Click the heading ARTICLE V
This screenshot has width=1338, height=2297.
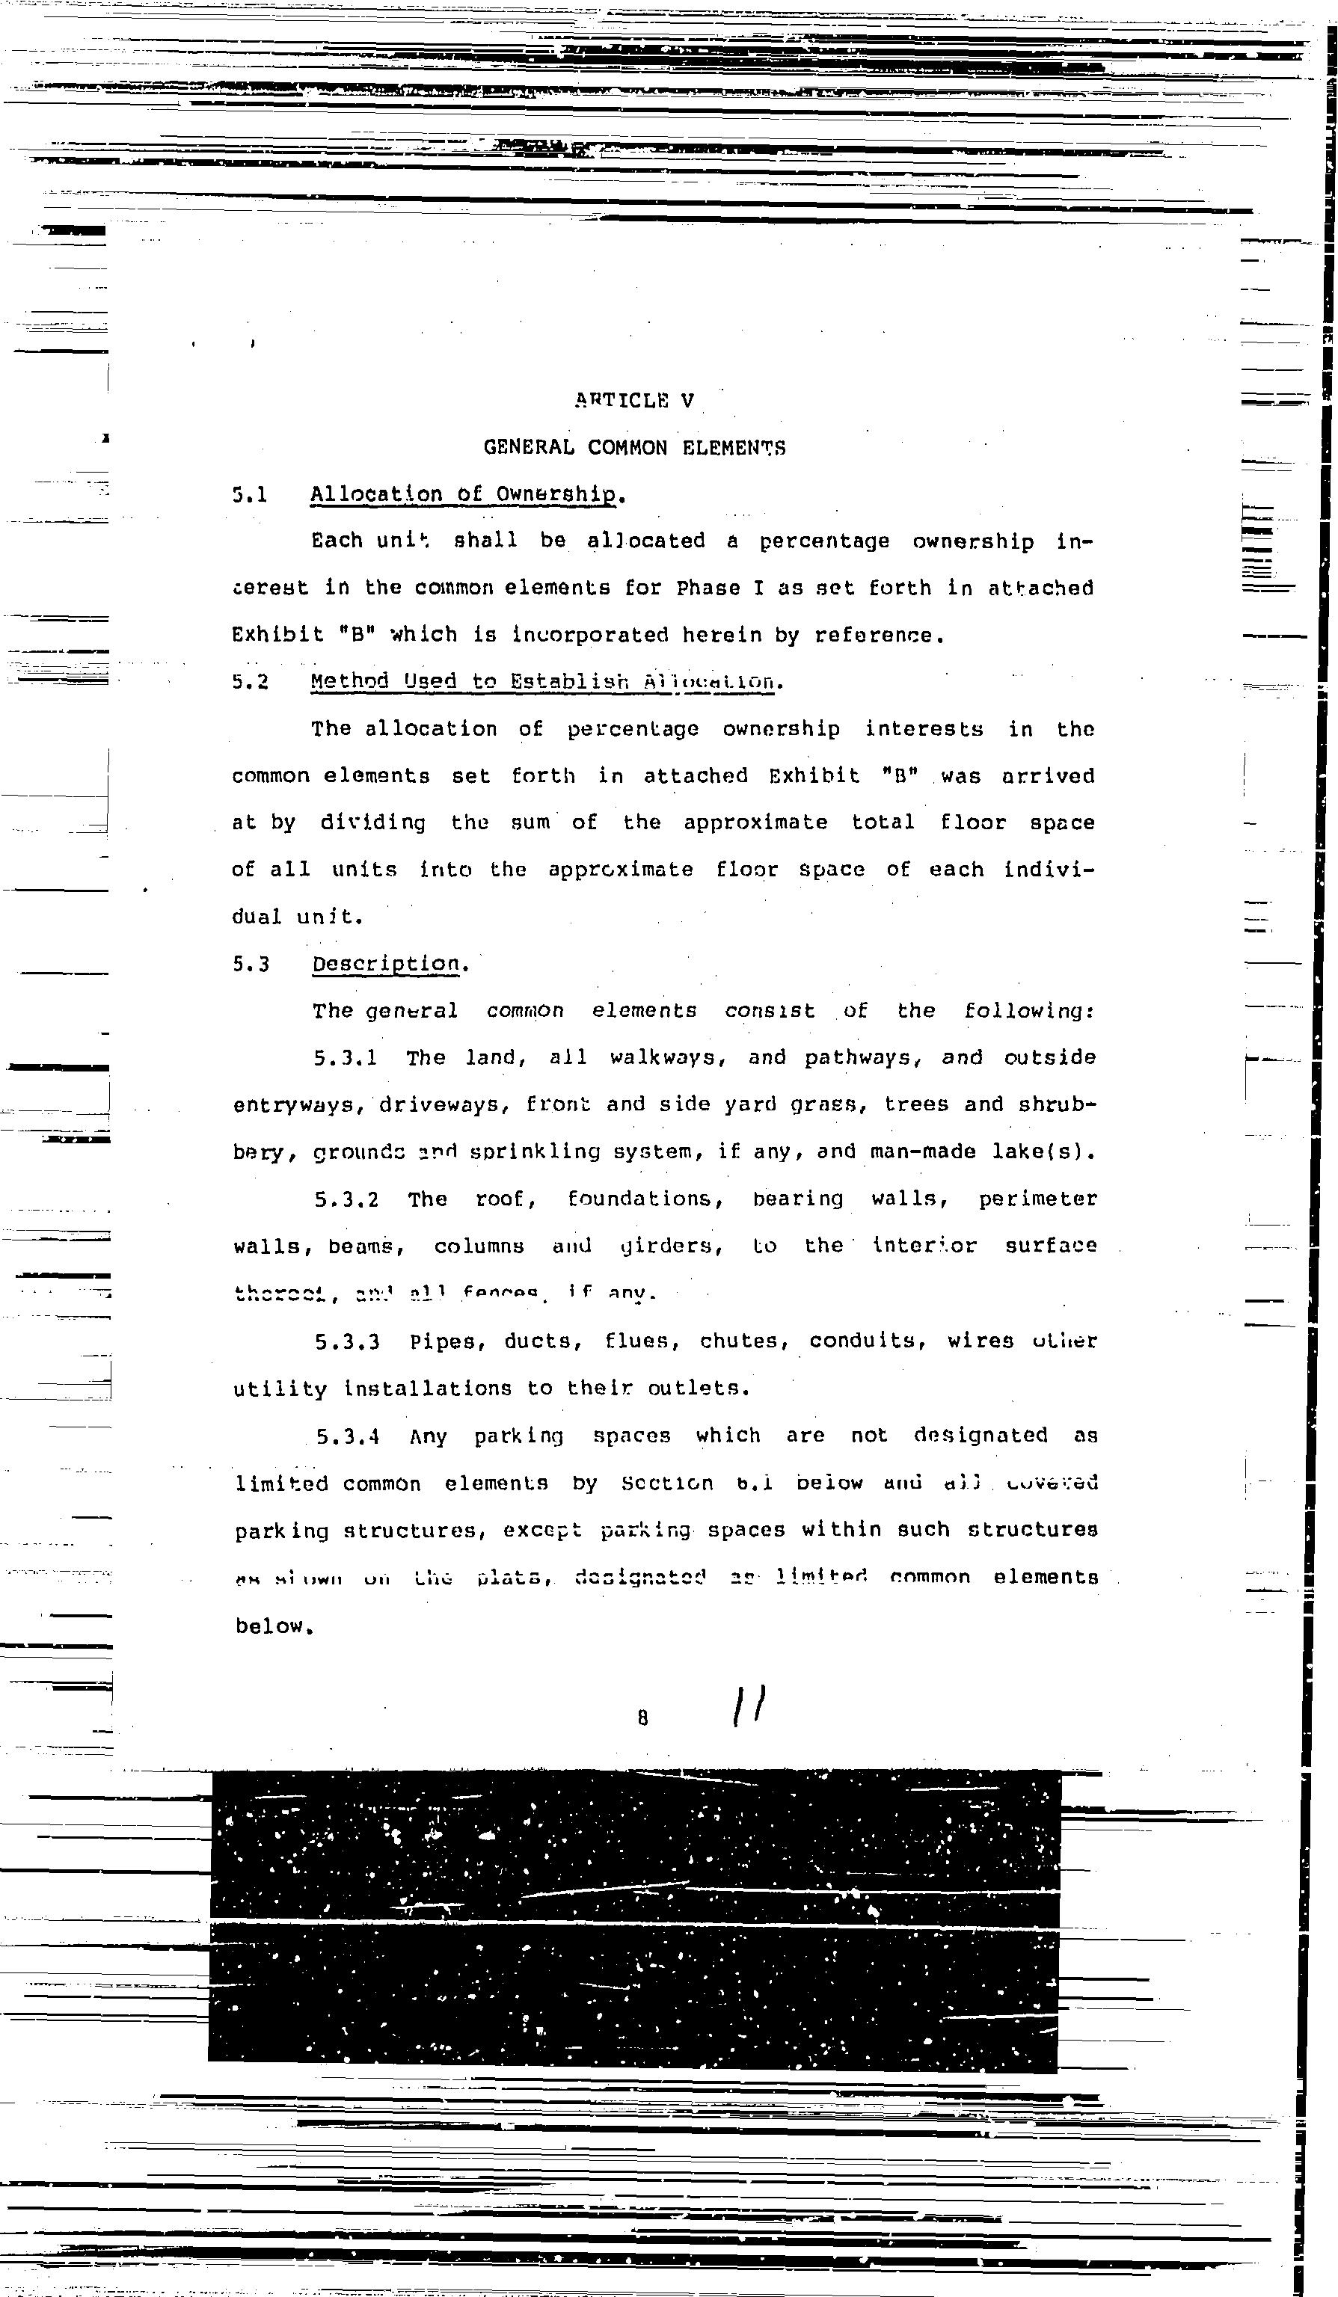pyautogui.click(x=634, y=400)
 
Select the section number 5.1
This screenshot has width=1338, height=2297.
pyautogui.click(x=249, y=495)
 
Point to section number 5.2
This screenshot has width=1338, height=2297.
pyautogui.click(x=250, y=682)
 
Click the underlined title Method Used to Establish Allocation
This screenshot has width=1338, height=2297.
pyautogui.click(x=545, y=682)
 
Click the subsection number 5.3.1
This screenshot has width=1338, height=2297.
pyautogui.click(x=346, y=1058)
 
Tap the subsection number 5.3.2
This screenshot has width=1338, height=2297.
pyautogui.click(x=346, y=1199)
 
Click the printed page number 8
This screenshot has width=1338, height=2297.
pyautogui.click(x=642, y=1718)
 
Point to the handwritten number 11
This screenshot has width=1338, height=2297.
pyautogui.click(x=749, y=1706)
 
